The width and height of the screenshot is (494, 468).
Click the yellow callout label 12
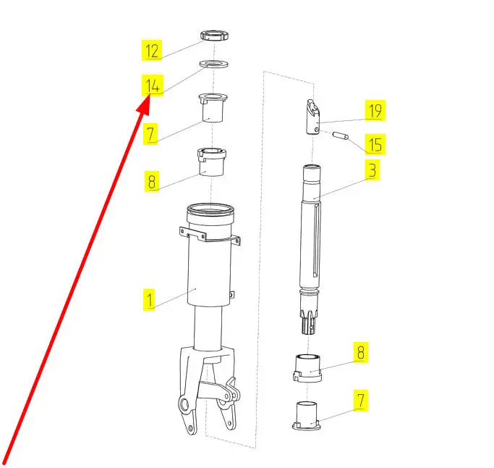coord(152,50)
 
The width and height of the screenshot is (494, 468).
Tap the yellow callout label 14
coord(153,85)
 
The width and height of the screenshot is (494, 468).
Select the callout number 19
coord(375,110)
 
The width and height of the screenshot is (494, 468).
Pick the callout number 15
coord(375,144)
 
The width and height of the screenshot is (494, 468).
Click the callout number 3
coord(372,170)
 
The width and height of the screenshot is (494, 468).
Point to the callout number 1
coord(149,299)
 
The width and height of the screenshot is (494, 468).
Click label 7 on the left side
coord(150,134)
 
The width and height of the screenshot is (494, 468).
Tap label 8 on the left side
coord(152,181)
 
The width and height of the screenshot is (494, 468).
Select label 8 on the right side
coord(361,352)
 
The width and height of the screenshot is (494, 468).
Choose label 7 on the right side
coord(361,401)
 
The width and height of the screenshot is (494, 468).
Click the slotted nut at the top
coord(214,35)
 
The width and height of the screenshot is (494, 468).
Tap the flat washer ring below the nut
coord(214,64)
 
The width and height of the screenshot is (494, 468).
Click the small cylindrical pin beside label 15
coord(341,135)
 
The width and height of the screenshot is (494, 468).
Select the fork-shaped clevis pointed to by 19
coord(313,117)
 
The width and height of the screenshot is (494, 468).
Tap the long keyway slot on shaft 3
coord(316,241)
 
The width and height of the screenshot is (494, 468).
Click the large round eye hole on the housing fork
coord(184,404)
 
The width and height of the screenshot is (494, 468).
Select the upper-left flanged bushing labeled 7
coord(213,107)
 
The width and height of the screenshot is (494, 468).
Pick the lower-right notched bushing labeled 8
coord(307,368)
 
